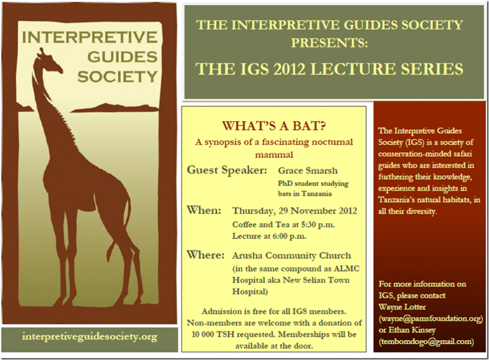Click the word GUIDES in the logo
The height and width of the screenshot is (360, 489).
(122, 57)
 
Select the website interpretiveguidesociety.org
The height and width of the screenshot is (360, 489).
(89, 337)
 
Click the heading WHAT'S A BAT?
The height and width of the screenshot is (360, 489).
(274, 126)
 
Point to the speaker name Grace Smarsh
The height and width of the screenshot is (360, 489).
(308, 170)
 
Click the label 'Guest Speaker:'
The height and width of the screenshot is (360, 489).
(227, 170)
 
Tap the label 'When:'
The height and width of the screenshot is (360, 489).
(203, 210)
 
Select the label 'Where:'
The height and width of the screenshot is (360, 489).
(205, 255)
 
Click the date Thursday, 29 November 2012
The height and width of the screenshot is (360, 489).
(294, 211)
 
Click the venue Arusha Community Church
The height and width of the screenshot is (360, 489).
(291, 255)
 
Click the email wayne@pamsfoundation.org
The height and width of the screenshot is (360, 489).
(431, 319)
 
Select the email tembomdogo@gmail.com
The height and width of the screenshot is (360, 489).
(426, 342)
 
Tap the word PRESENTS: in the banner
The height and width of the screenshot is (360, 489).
(330, 42)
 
